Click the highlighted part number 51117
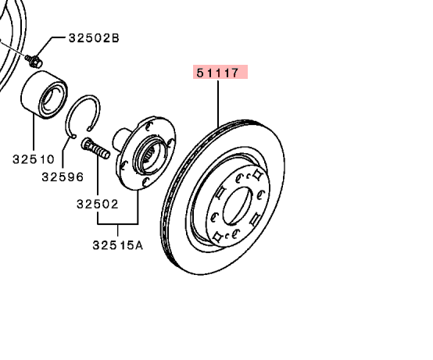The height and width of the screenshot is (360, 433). pos(217,73)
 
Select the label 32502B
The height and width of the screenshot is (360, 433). pos(94,37)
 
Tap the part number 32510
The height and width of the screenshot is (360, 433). pos(34,159)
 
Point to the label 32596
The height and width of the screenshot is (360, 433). pos(63,176)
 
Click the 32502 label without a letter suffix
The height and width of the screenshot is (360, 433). pos(98,204)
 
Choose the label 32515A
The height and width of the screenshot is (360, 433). pos(118,245)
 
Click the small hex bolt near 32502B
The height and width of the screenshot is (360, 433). pos(34,61)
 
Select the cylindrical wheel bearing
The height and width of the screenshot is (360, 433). pos(45,94)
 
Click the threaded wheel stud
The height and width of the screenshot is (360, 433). pos(95,148)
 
